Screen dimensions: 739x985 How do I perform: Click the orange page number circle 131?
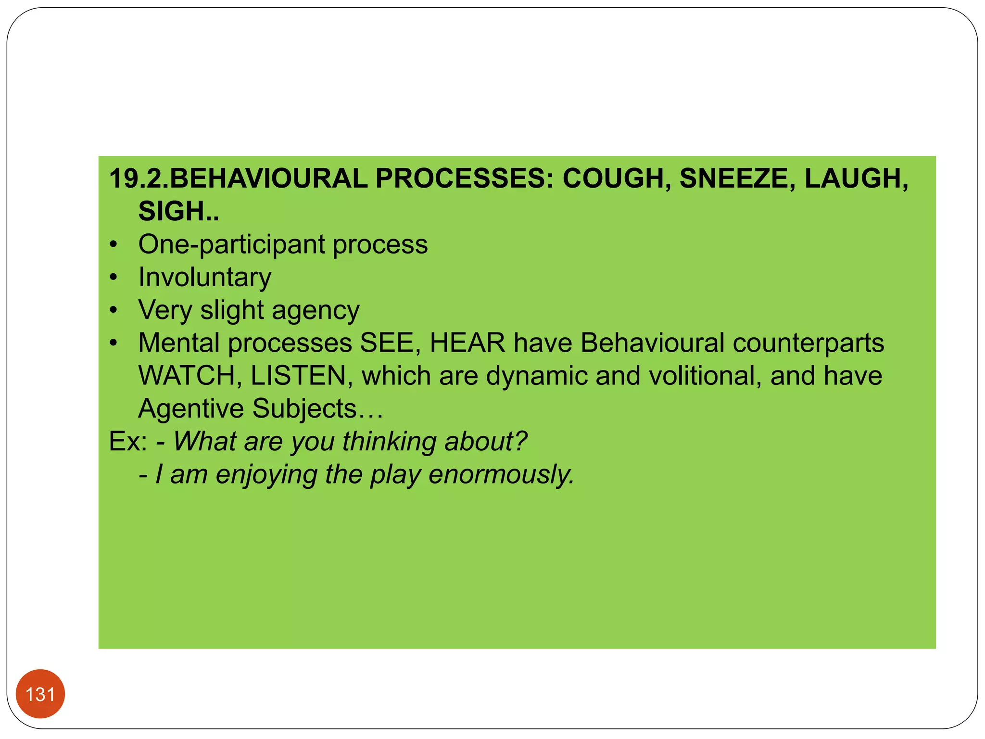40,694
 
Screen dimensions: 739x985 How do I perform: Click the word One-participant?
231,245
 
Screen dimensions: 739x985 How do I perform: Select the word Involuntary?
205,278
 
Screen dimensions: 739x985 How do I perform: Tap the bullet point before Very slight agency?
113,310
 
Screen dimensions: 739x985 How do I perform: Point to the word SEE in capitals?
390,343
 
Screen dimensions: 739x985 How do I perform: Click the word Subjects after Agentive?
304,409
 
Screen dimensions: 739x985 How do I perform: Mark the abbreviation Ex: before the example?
128,441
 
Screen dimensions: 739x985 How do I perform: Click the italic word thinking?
389,442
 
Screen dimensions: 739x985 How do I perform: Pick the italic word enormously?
501,475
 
